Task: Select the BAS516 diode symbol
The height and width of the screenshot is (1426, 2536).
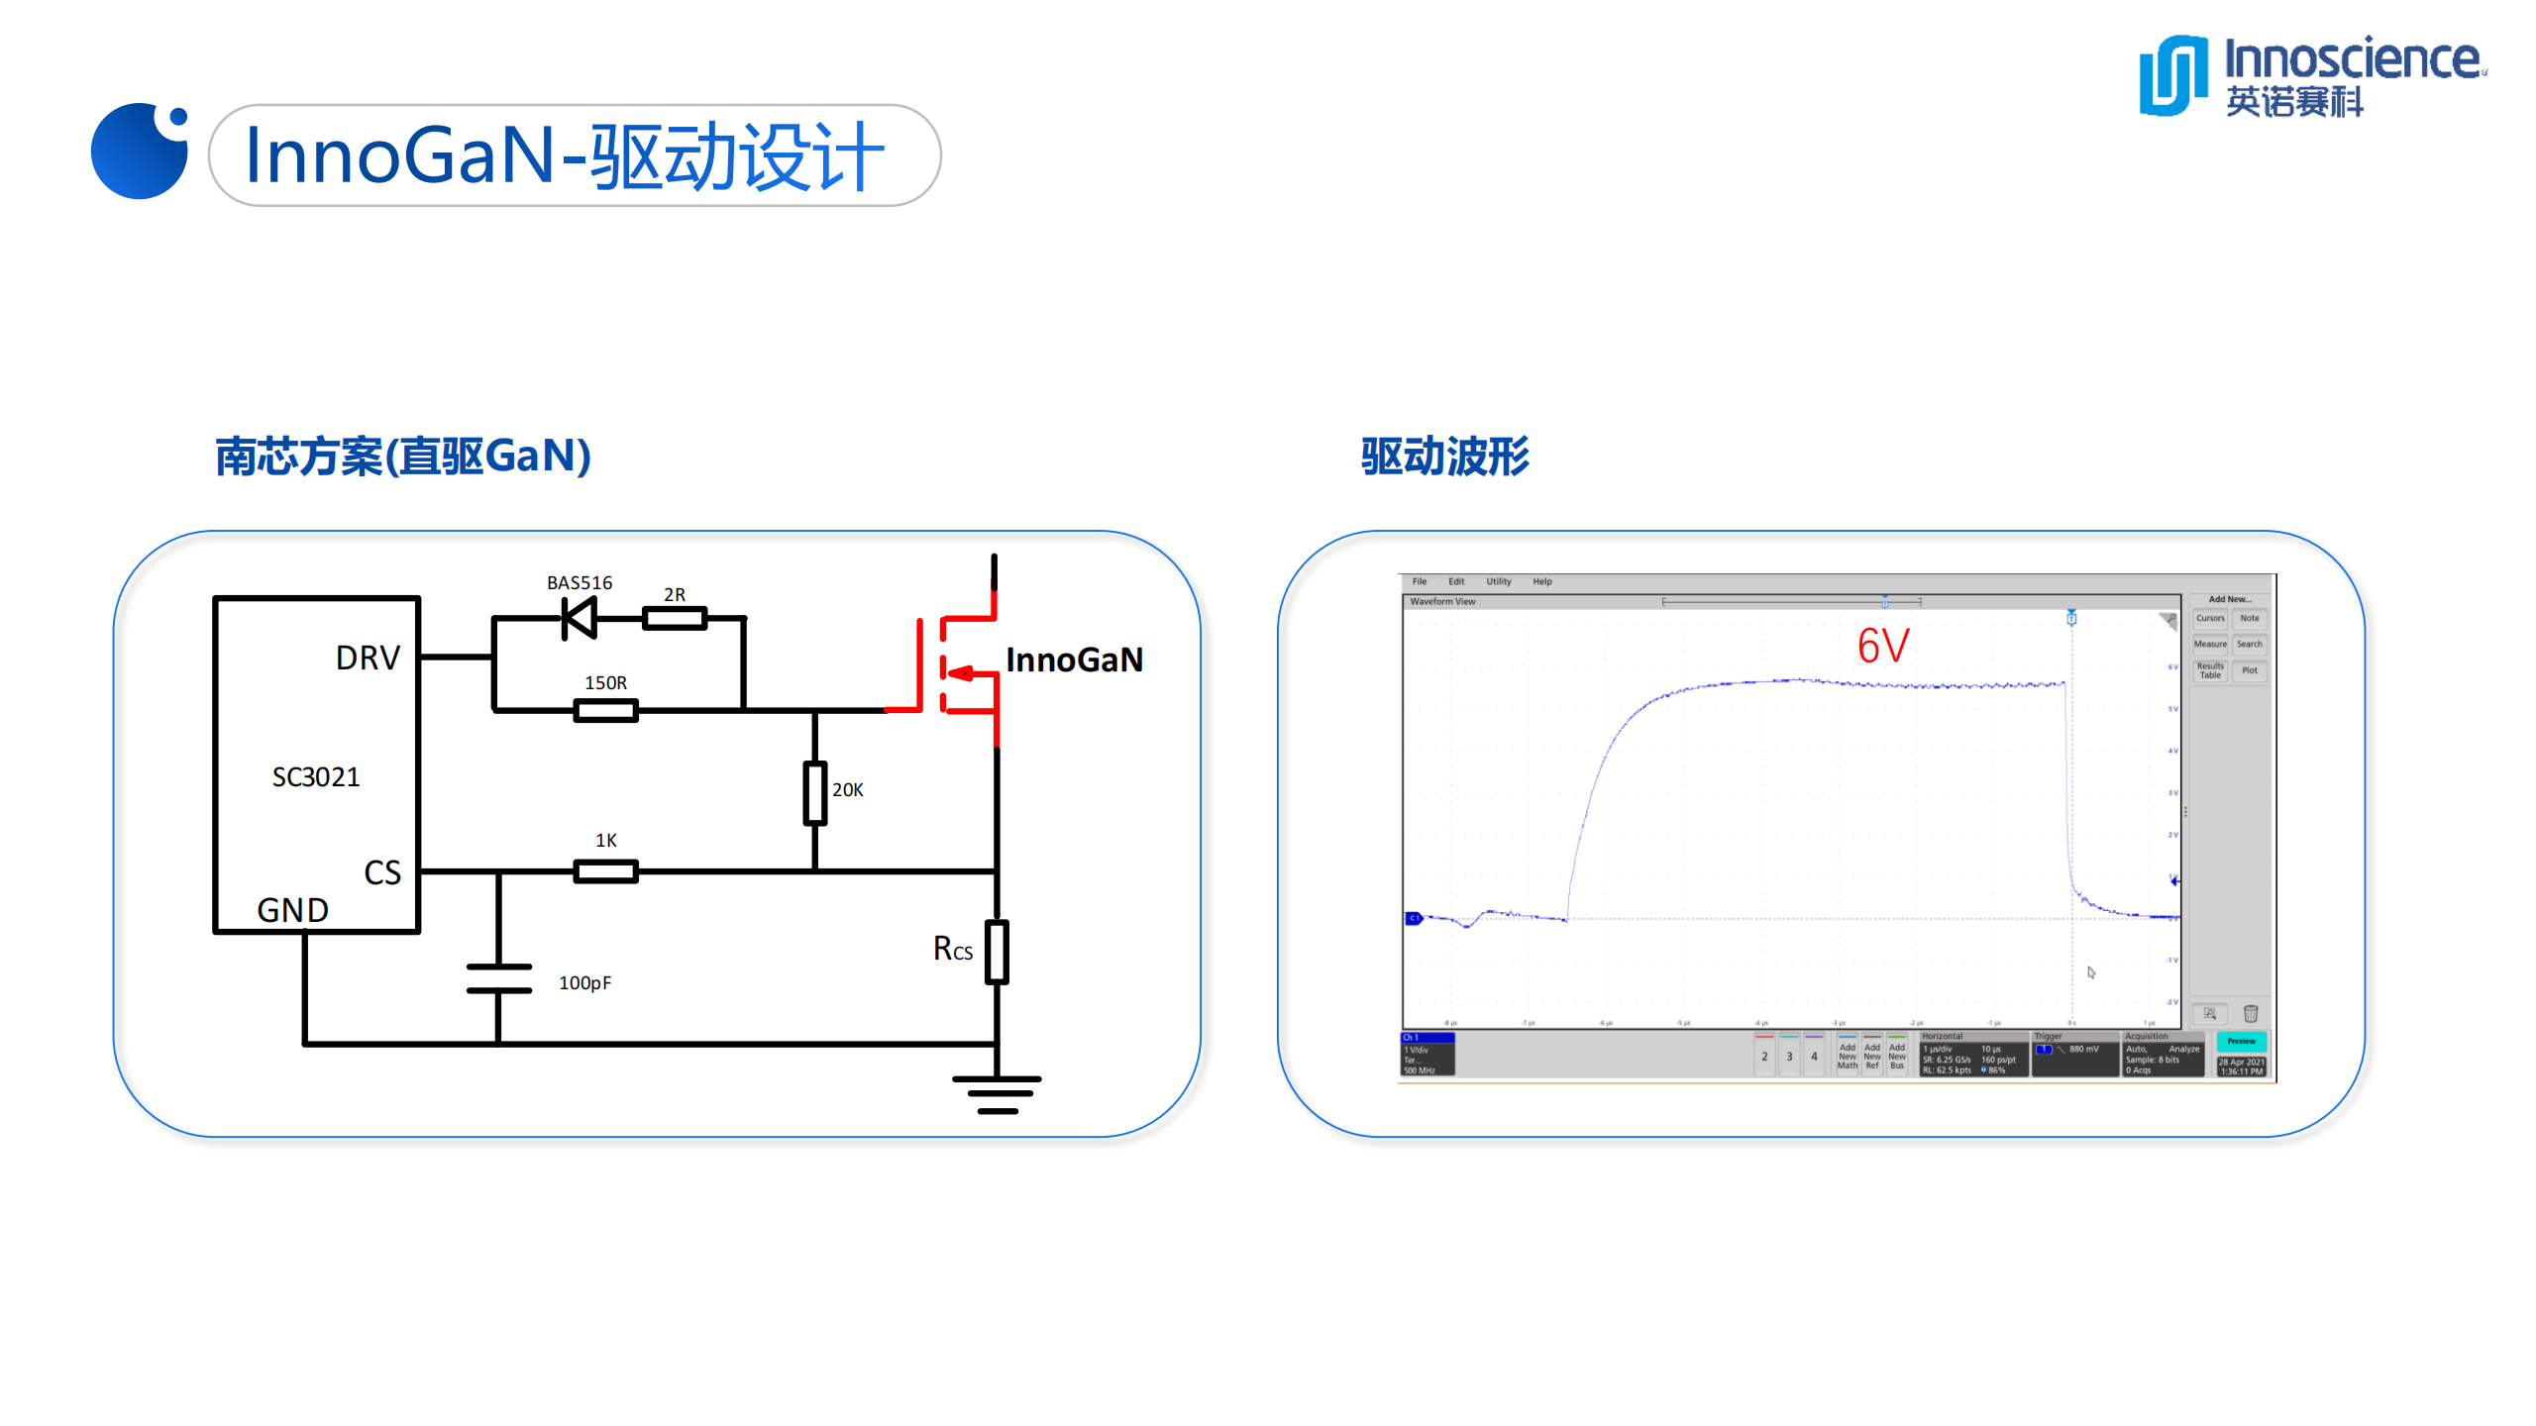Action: coord(579,620)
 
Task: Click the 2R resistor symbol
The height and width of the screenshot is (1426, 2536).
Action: coord(674,620)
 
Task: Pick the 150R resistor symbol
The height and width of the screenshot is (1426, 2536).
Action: coord(605,710)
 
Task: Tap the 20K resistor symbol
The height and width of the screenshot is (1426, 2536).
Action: coord(814,792)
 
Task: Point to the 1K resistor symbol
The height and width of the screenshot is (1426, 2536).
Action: coord(605,871)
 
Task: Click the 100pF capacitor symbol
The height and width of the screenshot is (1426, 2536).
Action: coord(498,978)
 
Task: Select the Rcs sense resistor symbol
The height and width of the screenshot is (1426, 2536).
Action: coord(997,952)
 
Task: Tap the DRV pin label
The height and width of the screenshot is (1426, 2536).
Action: coord(368,659)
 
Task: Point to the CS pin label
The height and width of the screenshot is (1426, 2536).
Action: coord(382,872)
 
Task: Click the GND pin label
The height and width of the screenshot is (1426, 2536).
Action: coord(292,910)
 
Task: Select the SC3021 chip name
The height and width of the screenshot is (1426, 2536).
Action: coord(316,777)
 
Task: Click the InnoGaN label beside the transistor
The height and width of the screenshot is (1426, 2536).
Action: coord(1074,660)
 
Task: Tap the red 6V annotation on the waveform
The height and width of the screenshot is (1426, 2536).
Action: coord(1882,647)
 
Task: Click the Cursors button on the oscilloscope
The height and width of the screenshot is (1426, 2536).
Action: coord(2210,619)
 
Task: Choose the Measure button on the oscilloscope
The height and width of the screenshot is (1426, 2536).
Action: coord(2210,645)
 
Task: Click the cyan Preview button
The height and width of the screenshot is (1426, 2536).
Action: coord(2241,1042)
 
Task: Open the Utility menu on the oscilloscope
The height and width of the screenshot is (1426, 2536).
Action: coord(1498,582)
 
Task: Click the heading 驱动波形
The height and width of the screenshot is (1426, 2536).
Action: coord(1445,457)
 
